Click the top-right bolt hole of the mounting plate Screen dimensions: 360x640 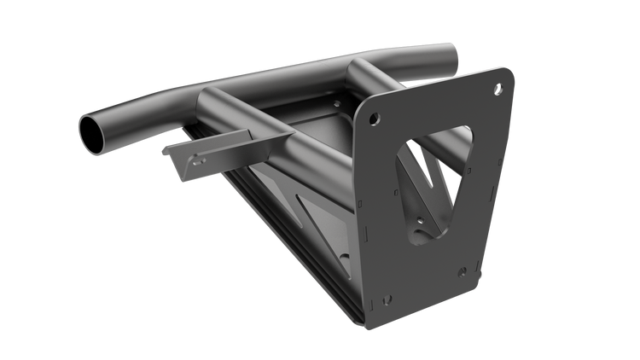point(499,88)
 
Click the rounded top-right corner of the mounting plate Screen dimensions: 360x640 point(510,75)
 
